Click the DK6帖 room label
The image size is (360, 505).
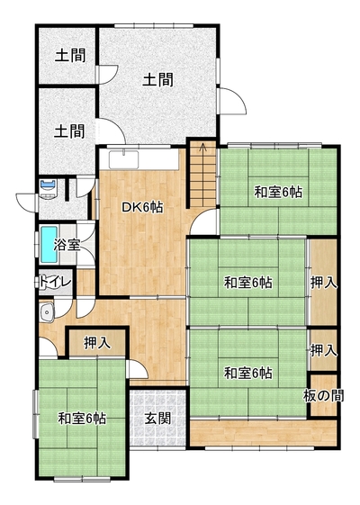coord(142,208)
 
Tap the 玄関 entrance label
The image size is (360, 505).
coord(157,419)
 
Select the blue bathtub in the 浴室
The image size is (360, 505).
coord(49,244)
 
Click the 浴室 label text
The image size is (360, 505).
coord(67,245)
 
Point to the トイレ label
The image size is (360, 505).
coord(55,282)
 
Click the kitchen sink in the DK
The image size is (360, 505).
coord(124,159)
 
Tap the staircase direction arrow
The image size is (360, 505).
coord(202,148)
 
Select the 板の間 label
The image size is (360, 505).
coord(324,396)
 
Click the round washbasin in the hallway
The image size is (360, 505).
coord(47,312)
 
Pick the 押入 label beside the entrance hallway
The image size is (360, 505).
coord(97,343)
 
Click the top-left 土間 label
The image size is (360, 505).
coord(70,56)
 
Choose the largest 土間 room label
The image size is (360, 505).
coord(157,79)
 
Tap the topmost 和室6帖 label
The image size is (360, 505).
coord(278,193)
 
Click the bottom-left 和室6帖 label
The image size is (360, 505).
coord(82,419)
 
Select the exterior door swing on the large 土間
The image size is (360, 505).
coord(233,101)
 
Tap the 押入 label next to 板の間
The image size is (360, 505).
coord(324,351)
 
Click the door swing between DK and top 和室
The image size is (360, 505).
coord(203,222)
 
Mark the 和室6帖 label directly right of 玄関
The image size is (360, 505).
coord(248,374)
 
